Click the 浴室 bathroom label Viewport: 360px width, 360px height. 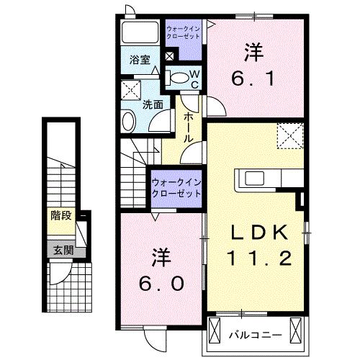[x=140, y=60]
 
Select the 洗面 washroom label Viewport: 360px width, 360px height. [x=150, y=104]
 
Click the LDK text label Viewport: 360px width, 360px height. [x=260, y=232]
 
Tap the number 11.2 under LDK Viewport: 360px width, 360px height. [x=260, y=258]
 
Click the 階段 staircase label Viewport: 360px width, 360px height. [x=60, y=215]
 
